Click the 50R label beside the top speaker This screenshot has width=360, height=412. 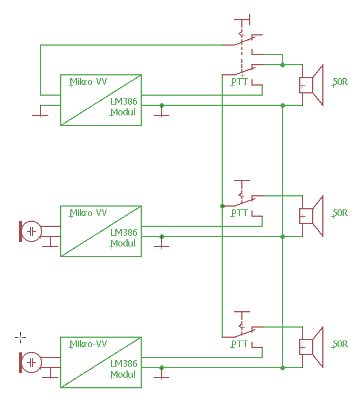coord(340,82)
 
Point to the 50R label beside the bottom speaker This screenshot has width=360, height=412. coord(340,344)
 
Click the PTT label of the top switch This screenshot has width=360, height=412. coord(239,82)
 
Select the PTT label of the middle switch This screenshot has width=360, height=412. coord(239,213)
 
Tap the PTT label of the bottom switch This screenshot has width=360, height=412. coord(239,344)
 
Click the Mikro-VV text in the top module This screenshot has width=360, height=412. coord(88,82)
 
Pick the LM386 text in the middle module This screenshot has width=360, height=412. coord(123,232)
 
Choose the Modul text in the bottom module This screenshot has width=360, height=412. coord(123,374)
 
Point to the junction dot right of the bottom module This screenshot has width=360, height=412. coord(161,368)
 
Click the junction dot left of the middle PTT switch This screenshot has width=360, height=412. coord(222,207)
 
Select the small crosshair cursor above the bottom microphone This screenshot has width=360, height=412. coord(20,337)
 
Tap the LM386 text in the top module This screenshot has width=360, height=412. coord(123,101)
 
